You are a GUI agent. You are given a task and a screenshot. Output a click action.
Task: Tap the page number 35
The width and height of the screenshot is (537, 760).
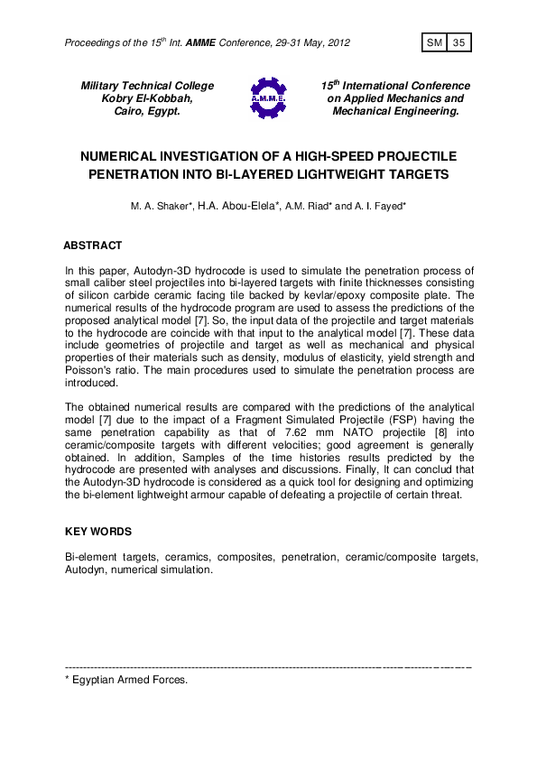(x=458, y=43)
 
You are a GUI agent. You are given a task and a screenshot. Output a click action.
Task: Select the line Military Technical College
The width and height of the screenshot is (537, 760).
(x=147, y=86)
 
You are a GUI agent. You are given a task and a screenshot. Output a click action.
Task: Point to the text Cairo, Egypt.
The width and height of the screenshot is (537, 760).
(x=147, y=111)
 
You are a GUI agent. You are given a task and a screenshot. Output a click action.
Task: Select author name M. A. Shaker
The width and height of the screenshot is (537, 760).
(x=162, y=207)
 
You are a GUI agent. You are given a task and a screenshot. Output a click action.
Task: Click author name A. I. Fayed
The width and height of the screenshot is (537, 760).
(x=383, y=207)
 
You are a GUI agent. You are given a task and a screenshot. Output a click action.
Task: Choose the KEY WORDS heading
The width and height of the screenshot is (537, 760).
(x=98, y=532)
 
